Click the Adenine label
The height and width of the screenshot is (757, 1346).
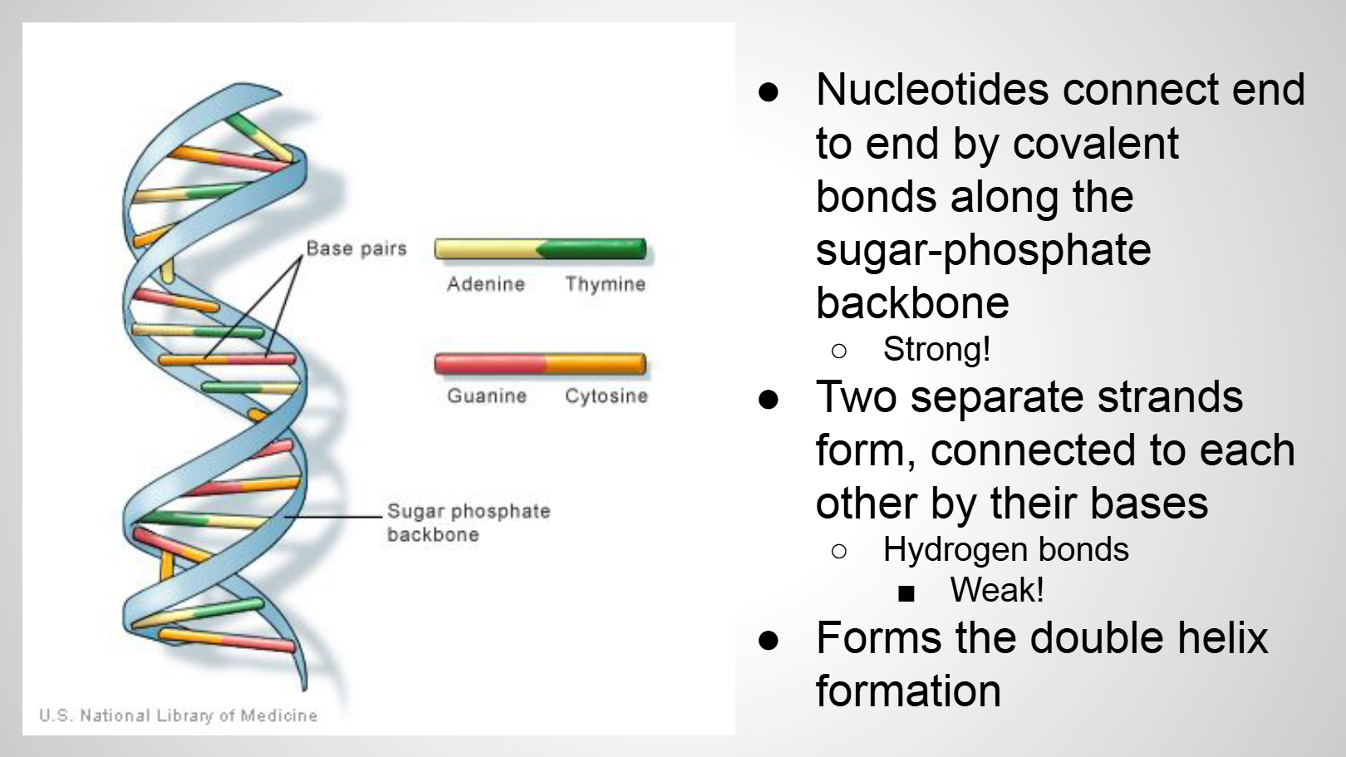coord(485,284)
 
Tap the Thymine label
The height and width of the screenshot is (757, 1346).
coord(605,284)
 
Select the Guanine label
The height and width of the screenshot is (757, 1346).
coord(487,396)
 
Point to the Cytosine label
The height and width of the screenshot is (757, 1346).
coord(606,396)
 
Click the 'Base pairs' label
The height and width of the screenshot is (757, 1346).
coord(356,248)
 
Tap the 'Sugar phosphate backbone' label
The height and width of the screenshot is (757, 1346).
coord(468,523)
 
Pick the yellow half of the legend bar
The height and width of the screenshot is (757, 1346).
coord(486,248)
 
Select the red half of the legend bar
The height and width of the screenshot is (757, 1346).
coord(489,364)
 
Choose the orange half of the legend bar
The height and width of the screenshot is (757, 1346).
coord(595,364)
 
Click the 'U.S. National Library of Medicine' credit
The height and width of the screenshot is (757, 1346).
coord(179,715)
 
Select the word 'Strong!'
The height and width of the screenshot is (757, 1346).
coord(936,350)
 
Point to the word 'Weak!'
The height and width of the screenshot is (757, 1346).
coord(997,591)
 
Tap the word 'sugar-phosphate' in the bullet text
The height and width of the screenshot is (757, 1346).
coord(983,250)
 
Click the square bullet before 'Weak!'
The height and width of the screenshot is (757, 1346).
coord(906,593)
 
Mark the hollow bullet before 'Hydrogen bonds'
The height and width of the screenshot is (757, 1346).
coord(839,551)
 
